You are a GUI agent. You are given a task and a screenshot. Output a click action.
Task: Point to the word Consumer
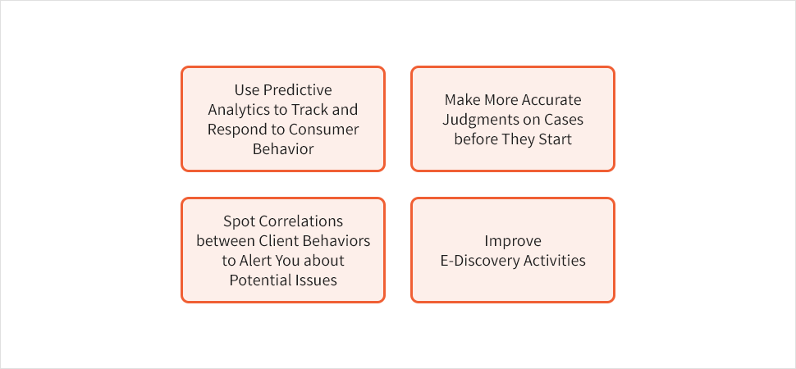324,130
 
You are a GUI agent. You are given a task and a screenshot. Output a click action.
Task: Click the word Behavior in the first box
283,149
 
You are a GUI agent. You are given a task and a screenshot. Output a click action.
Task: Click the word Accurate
551,99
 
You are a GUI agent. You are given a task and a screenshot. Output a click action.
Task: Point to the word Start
557,139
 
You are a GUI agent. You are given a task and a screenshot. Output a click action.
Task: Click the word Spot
240,221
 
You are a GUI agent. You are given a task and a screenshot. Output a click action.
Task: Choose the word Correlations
301,221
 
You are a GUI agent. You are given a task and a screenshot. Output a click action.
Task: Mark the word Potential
259,280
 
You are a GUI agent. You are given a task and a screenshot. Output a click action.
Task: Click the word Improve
513,241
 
